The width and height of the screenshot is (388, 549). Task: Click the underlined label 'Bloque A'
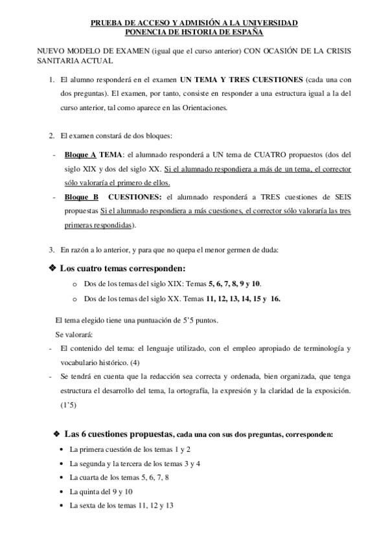[80, 155]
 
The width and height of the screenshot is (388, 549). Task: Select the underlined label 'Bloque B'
[81, 197]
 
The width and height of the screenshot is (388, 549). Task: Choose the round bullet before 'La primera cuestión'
[61, 449]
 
